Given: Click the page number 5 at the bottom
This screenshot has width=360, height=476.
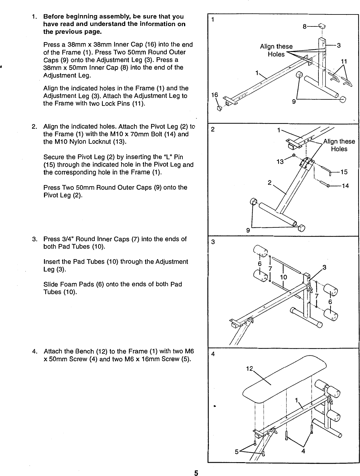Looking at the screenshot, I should pos(196,473).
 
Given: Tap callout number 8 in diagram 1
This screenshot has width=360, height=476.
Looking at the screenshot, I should pos(304,27).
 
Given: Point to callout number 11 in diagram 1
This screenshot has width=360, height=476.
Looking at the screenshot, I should pos(344,62).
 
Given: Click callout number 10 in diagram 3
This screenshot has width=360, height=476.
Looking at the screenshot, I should pos(283,277).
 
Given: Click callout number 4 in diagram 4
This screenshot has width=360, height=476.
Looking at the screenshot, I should pos(303,452).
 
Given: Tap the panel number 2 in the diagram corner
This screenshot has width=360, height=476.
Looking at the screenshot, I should pos(212,129).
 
